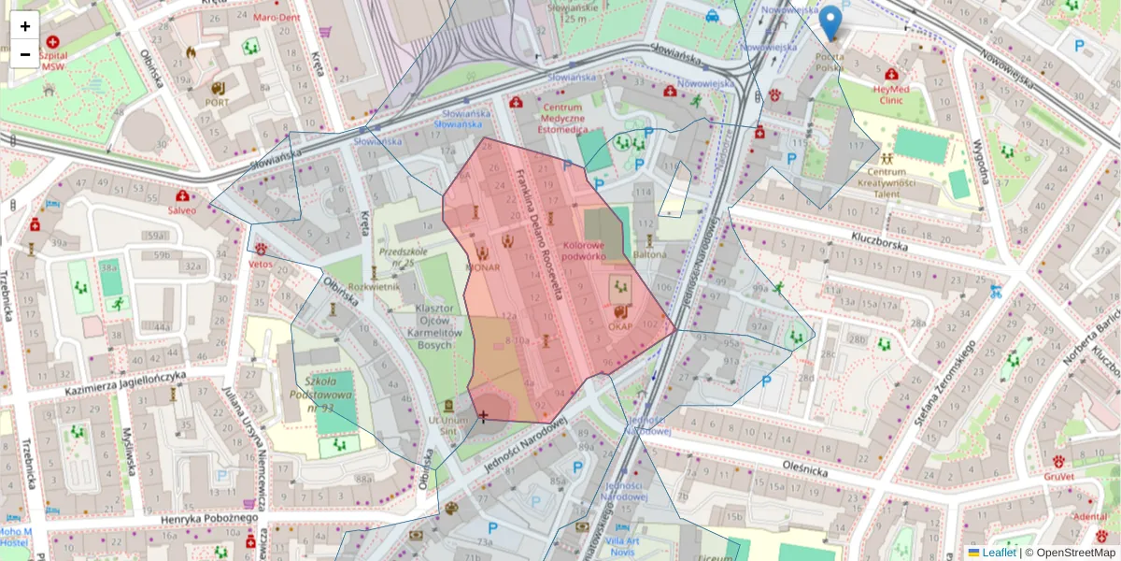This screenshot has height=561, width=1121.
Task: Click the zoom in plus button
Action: [25, 26]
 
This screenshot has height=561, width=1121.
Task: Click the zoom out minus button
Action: [25, 54]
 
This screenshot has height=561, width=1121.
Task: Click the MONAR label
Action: [482, 267]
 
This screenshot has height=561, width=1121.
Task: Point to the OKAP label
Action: [621, 326]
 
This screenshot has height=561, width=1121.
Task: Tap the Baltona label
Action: [650, 253]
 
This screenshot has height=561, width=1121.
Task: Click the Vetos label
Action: [261, 264]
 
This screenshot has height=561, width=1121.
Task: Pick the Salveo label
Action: [182, 210]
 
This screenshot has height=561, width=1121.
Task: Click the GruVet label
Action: [1058, 476]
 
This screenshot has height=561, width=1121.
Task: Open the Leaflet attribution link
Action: [998, 553]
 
